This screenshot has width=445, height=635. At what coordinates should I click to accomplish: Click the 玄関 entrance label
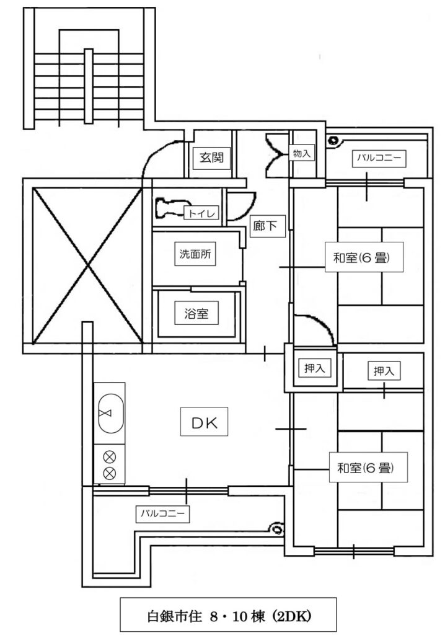pos(207,158)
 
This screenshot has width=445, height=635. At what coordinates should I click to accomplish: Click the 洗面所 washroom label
pos(197,254)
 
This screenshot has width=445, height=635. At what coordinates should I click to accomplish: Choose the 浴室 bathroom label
pos(196,313)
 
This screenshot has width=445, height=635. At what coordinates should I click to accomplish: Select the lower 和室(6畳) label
pos(364,468)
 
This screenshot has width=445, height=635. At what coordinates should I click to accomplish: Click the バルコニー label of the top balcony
pos(379,158)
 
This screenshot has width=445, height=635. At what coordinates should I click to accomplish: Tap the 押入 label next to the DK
pos(314,368)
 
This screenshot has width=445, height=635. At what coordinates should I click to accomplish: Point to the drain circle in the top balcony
pos(334,140)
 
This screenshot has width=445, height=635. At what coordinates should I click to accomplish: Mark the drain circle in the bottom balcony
pos(276,530)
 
